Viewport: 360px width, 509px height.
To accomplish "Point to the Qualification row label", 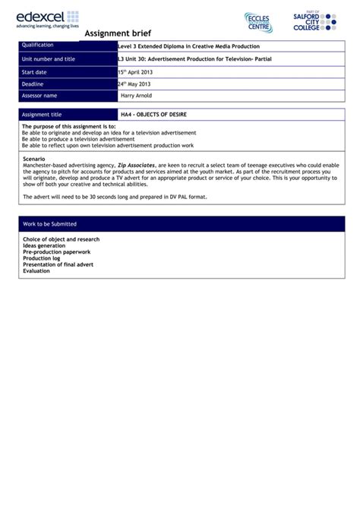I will coord(38,46).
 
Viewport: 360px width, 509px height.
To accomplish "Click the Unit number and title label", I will coord(49,58).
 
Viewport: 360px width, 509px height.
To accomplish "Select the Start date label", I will coord(35,71).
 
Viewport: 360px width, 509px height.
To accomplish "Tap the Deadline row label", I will coord(33,84).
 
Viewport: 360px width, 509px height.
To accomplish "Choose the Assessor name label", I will coord(39,96).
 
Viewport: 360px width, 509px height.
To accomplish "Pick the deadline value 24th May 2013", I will coord(134,84).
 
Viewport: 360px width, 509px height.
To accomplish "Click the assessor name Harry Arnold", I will coord(137,96).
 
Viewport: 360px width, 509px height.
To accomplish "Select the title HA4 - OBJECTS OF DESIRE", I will coord(153,114).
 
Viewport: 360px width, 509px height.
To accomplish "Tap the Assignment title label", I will coord(42,114).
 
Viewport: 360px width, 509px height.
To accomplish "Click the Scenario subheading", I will coord(35,158).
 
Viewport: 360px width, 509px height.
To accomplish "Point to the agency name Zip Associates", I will coord(137,164).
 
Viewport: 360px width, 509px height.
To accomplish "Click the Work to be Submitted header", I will coord(49,224).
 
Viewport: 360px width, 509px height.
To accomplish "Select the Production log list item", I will coord(42,258).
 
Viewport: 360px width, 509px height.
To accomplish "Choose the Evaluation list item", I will coord(36,270).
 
